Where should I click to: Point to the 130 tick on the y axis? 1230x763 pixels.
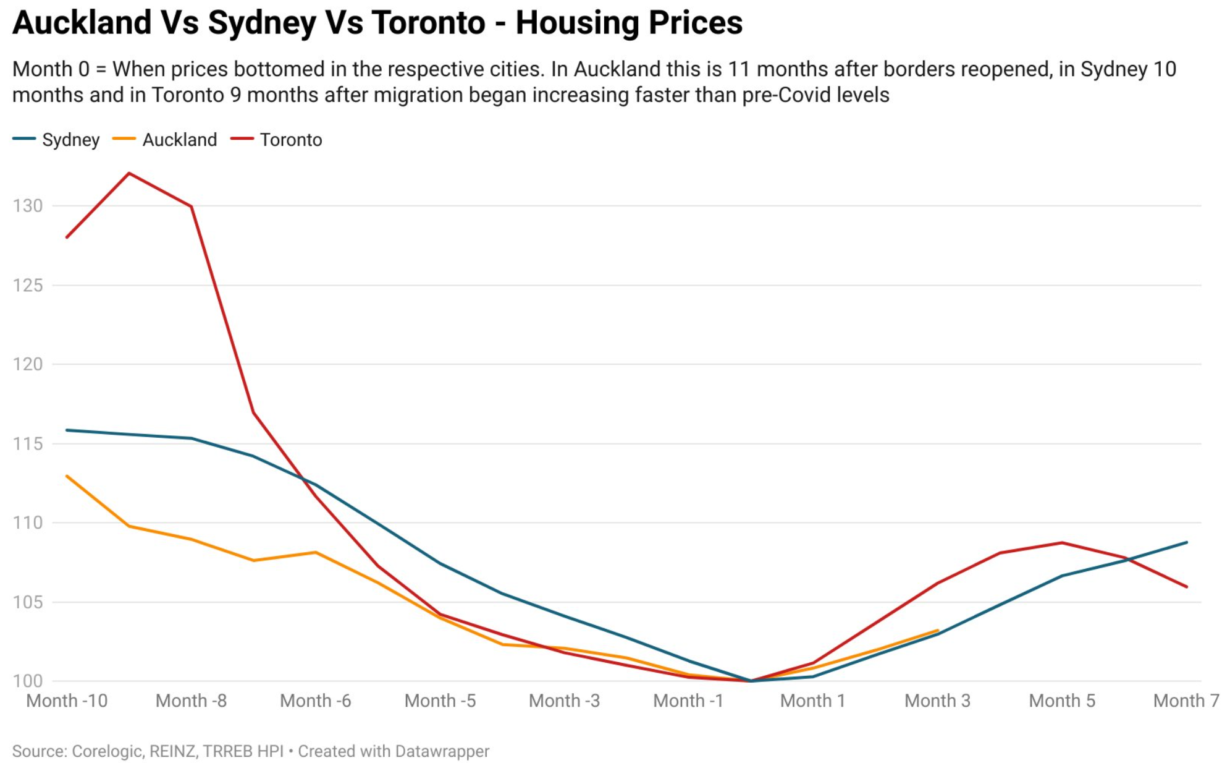coord(28,206)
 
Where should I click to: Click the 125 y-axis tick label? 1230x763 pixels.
coord(28,285)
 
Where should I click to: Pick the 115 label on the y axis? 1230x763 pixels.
coord(28,443)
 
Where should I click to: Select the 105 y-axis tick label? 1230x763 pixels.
coord(28,602)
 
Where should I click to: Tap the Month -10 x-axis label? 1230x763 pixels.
coord(67,701)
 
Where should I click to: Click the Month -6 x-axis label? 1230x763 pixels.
coord(315,701)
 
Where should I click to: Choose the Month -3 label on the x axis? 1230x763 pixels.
coord(564,701)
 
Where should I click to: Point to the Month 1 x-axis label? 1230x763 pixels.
coord(812,701)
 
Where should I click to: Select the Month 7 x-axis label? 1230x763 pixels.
coord(1186,701)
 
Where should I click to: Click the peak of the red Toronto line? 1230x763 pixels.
coord(129,173)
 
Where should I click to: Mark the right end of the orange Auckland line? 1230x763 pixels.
coord(938,631)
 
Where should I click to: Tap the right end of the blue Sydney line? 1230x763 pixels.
coord(1187,542)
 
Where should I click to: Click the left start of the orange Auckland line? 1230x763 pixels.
coord(67,476)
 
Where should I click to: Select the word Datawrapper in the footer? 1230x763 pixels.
coord(442,751)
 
